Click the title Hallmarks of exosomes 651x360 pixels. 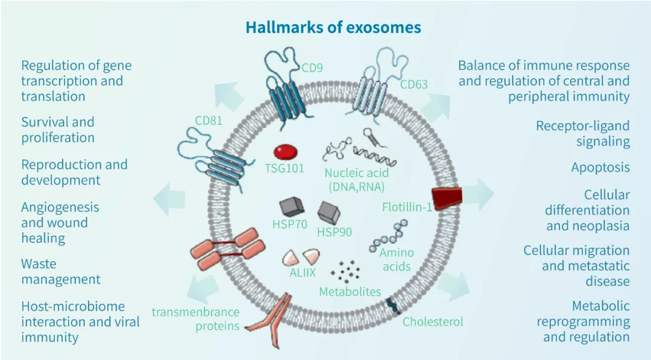click(x=333, y=28)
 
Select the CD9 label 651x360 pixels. click(x=312, y=68)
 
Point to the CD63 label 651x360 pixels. click(x=414, y=84)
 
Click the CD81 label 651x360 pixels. click(x=209, y=121)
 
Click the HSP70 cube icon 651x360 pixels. click(x=291, y=207)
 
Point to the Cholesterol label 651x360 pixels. click(x=433, y=322)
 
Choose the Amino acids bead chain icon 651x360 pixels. click(x=391, y=236)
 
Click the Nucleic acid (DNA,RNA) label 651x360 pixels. click(x=357, y=180)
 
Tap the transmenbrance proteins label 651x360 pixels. click(x=195, y=319)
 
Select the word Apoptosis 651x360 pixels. click(x=600, y=167)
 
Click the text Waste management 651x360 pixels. click(x=60, y=271)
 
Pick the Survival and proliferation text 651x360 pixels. click(x=58, y=130)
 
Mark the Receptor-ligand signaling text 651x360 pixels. click(x=583, y=133)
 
